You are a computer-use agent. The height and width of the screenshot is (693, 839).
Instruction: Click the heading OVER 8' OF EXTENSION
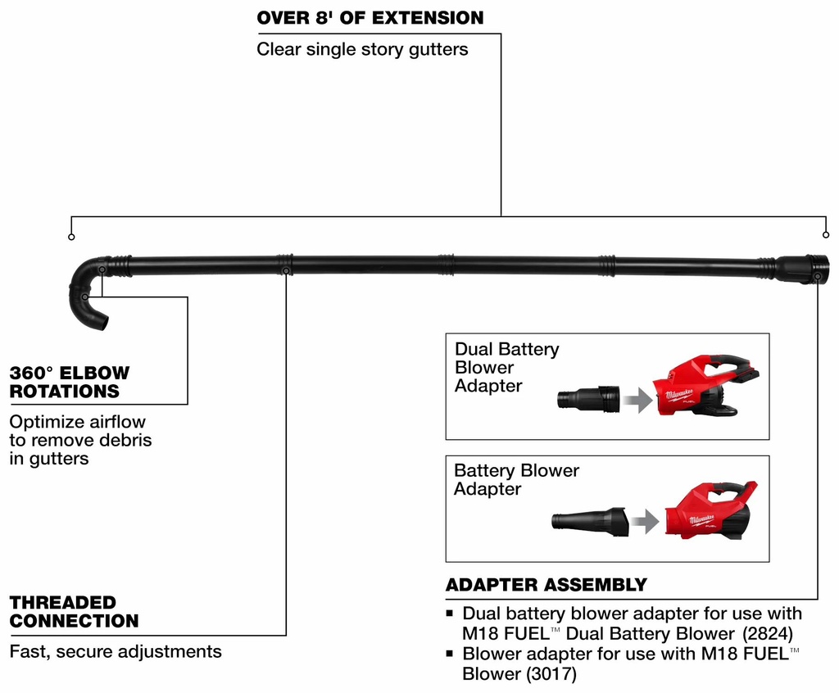[370, 17]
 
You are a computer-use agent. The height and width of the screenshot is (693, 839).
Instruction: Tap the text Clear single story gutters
[362, 49]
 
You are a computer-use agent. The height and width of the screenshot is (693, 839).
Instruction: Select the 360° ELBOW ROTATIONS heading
[70, 383]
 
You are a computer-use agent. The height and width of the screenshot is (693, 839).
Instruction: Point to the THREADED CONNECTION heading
[74, 612]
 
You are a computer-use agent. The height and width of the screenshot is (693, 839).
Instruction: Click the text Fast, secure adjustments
[116, 652]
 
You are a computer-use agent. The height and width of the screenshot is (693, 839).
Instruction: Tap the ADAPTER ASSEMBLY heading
[546, 585]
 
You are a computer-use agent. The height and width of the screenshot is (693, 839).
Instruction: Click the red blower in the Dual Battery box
[705, 385]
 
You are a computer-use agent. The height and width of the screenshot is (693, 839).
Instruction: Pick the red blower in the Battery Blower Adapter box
[710, 510]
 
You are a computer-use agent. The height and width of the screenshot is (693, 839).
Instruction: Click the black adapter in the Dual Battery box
[588, 399]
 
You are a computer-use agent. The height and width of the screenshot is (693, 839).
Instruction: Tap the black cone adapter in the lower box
[590, 521]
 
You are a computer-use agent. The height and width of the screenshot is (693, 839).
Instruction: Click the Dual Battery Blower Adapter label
[506, 367]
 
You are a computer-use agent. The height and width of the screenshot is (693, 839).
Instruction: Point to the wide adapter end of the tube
[802, 269]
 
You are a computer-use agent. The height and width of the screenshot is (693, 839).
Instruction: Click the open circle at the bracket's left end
[71, 237]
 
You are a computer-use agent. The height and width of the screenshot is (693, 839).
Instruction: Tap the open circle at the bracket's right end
[826, 237]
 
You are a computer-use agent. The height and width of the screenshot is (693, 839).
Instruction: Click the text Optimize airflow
[78, 422]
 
